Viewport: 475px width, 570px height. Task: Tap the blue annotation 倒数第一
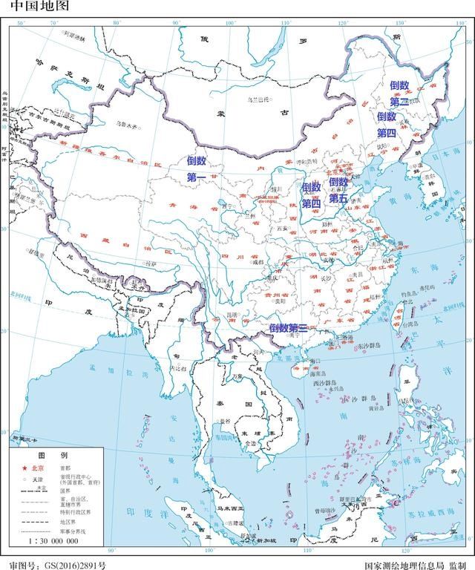[196, 168]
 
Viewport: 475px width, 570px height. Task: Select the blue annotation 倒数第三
[289, 327]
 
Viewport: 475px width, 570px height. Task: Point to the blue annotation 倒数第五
[338, 190]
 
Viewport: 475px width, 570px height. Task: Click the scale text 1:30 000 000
[53, 541]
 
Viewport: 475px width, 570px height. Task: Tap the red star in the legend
[24, 469]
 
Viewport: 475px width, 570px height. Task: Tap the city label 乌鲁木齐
[126, 125]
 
